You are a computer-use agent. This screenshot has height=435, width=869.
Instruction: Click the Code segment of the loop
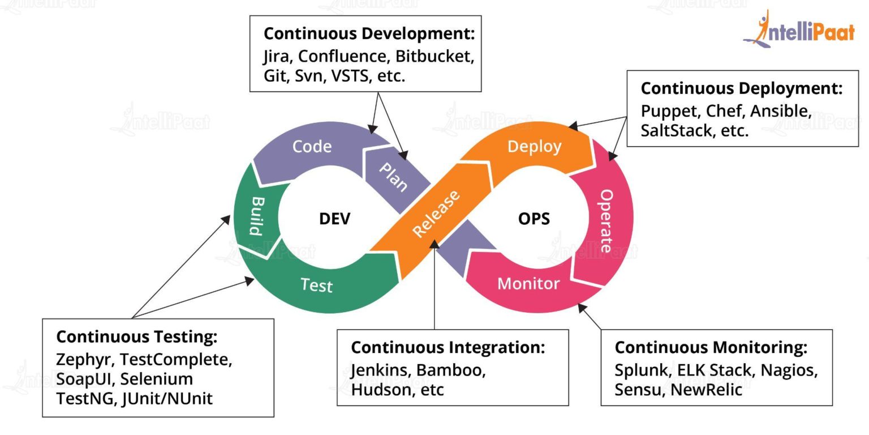[312, 147]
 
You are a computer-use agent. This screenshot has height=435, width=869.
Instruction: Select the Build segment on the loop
[256, 216]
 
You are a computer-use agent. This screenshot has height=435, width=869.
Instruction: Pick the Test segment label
[316, 285]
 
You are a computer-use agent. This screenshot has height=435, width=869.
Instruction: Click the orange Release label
[436, 214]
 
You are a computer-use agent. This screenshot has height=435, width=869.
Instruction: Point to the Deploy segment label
[534, 146]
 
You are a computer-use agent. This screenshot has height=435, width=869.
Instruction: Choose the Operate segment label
[606, 220]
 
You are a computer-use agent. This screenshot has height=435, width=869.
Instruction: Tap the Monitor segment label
[528, 283]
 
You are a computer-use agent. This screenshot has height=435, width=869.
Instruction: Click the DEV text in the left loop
[335, 219]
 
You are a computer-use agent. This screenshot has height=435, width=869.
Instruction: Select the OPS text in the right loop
[534, 219]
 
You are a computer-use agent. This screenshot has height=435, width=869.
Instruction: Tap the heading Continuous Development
[369, 33]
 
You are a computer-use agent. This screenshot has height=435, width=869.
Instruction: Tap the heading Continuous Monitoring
[711, 347]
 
